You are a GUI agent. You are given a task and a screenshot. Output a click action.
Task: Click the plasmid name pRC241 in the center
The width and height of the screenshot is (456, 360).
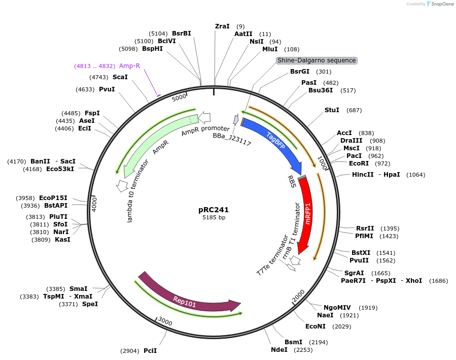click(x=214, y=209)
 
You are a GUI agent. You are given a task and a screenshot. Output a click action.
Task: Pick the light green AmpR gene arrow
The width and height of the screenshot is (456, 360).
click(x=152, y=142)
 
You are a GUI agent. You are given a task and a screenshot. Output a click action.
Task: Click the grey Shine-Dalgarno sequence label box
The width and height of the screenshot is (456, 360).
click(x=317, y=60)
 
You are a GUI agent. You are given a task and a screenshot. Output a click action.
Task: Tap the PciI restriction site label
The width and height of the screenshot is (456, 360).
click(x=150, y=351)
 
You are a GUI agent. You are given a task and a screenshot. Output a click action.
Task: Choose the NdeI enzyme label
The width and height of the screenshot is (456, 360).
click(x=279, y=349)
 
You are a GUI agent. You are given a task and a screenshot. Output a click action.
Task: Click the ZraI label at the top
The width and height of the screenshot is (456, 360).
click(x=222, y=26)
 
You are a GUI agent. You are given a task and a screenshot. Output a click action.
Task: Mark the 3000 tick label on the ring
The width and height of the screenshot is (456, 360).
click(x=165, y=321)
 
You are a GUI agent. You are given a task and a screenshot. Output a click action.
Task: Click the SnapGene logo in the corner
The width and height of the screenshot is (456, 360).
click(x=440, y=4)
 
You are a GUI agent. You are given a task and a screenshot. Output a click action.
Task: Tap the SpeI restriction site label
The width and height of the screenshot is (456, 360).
click(x=90, y=304)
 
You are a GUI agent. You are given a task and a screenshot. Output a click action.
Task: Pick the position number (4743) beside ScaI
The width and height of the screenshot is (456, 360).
click(x=99, y=77)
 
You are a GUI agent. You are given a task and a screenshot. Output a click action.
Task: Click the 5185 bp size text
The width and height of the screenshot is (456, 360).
click(x=214, y=218)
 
